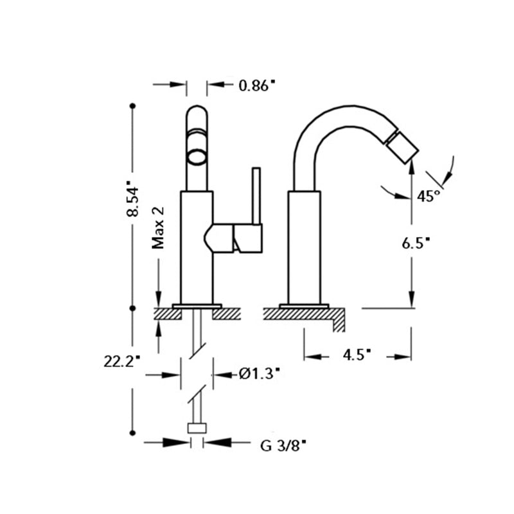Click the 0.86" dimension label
pyautogui.click(x=261, y=84)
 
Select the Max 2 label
pyautogui.click(x=159, y=228)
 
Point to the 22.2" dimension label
pyautogui.click(x=122, y=362)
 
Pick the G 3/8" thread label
pyautogui.click(x=281, y=443)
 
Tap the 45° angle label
pyautogui.click(x=429, y=197)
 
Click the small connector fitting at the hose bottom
pyautogui.click(x=197, y=429)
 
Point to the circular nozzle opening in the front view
pyautogui.click(x=197, y=156)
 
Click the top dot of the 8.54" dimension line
pyautogui.click(x=133, y=105)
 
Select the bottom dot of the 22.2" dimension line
pyautogui.click(x=133, y=432)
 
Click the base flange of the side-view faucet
pyautogui.click(x=305, y=305)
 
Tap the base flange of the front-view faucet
pyautogui.click(x=197, y=305)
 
